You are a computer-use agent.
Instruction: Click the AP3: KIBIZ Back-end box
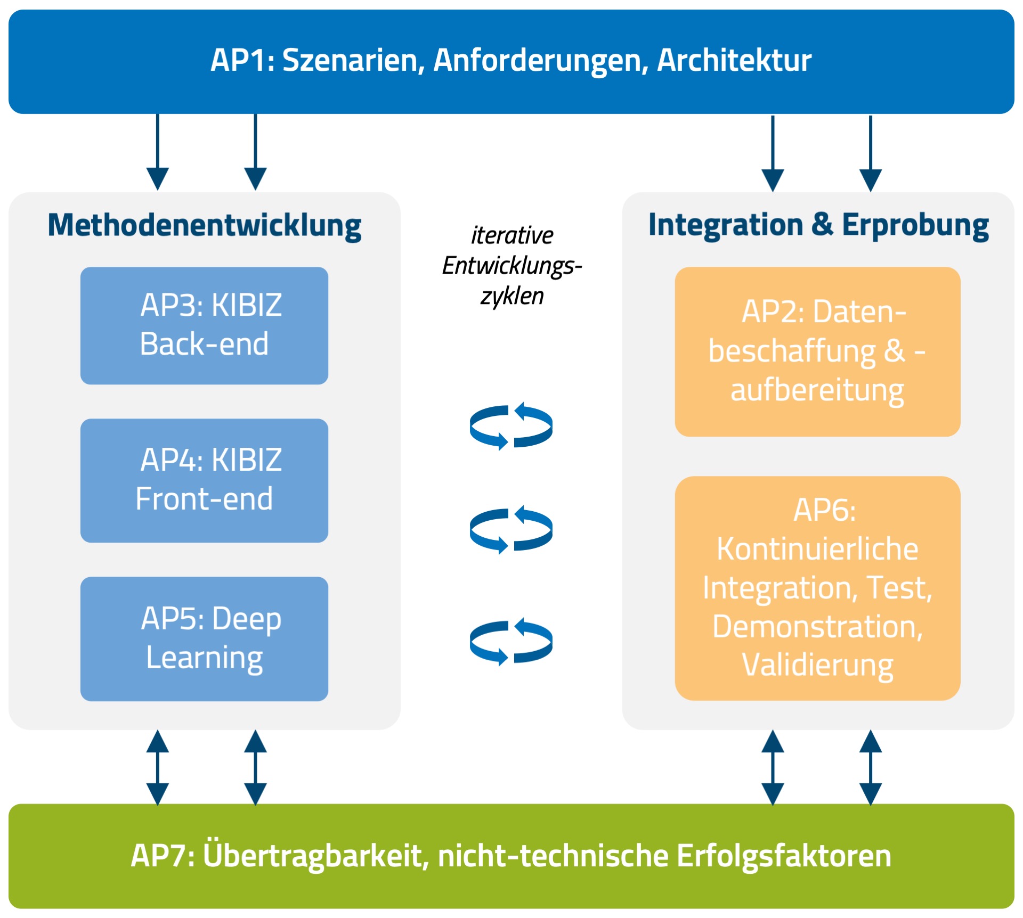point(204,325)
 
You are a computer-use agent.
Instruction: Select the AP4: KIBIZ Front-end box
point(204,480)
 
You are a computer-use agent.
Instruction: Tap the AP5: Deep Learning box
point(204,638)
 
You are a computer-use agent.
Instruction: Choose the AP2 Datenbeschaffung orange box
point(817,351)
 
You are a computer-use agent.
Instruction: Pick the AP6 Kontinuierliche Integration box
point(817,588)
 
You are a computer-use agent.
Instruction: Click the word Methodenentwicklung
point(205,226)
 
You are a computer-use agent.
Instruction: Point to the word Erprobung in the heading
point(915,226)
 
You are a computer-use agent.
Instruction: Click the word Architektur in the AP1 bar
point(734,60)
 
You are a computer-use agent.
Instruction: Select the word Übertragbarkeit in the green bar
point(316,856)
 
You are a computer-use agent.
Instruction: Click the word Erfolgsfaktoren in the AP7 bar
point(784,856)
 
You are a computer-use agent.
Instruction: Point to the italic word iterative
point(512,235)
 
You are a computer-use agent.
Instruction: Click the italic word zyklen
point(512,296)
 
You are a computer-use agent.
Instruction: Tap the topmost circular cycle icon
point(511,426)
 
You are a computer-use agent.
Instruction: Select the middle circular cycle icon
point(511,530)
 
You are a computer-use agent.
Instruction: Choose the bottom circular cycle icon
point(511,642)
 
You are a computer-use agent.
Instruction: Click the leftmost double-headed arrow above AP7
point(158,767)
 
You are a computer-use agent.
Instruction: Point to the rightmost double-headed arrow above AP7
point(871,767)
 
